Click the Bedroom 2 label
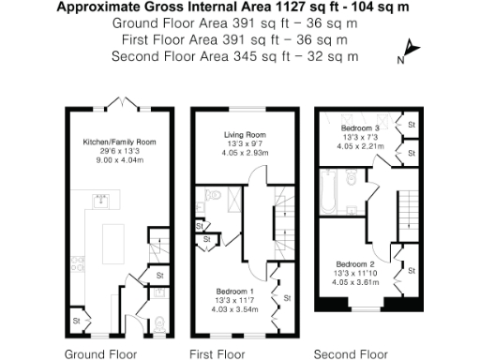pos(356,263)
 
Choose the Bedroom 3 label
pos(360,127)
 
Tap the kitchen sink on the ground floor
pos(101,199)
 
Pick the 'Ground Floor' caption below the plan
pos(100,354)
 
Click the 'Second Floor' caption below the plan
pos(352,354)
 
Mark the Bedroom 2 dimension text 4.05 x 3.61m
pos(356,281)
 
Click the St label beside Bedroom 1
pos(287,298)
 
